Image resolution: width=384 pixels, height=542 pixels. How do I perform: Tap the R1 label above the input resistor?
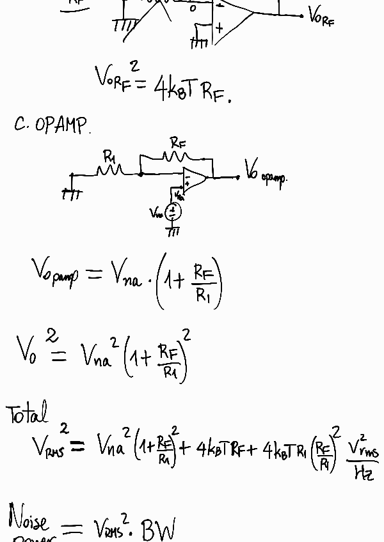(109, 156)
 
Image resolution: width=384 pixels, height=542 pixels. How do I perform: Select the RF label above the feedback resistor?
(178, 143)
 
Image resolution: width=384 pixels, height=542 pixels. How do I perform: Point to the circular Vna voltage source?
(173, 212)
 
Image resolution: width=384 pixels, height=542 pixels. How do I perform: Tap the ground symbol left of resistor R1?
(71, 193)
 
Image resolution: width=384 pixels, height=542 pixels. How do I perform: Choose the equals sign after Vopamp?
(93, 275)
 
